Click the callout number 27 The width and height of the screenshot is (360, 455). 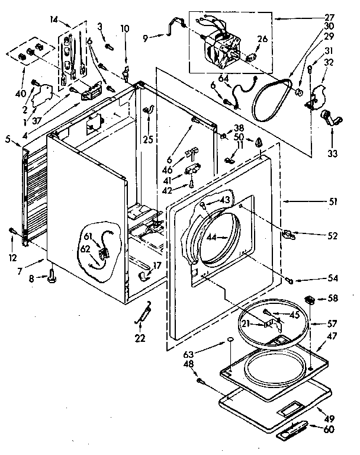329,18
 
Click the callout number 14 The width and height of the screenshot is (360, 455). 54,21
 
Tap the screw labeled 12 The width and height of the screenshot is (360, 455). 12,230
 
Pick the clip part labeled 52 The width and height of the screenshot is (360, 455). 289,235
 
